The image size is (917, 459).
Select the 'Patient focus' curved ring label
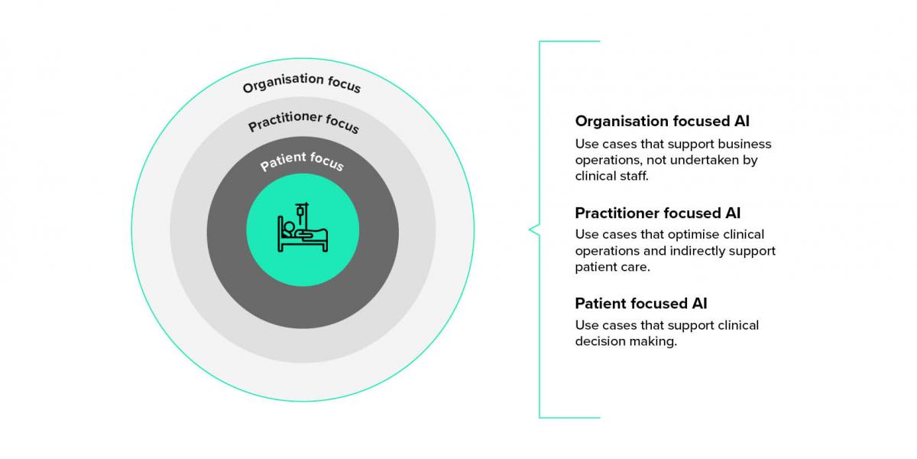point(302,161)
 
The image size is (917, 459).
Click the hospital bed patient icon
point(303,229)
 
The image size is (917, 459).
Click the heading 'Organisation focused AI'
point(662,121)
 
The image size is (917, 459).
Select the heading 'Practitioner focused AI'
point(657,213)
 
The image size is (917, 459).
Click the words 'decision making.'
point(626,341)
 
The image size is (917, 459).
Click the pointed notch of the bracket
point(530,229)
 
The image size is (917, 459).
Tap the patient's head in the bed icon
point(288,226)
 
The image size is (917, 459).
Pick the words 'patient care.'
point(612,267)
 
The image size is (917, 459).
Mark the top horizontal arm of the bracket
point(569,41)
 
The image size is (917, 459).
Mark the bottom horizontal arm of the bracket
point(569,417)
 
